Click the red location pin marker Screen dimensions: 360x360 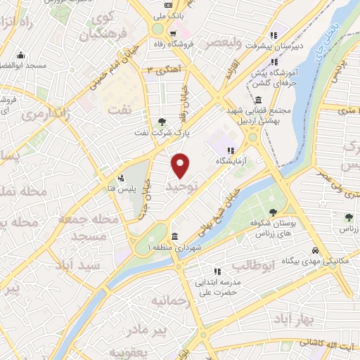[181, 165]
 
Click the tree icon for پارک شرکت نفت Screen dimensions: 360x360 [163, 122]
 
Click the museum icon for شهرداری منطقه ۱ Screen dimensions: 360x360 [174, 236]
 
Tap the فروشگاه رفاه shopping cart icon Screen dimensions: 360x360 [172, 33]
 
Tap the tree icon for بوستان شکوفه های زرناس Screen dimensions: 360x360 [272, 212]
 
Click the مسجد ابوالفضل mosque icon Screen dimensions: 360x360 [20, 56]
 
